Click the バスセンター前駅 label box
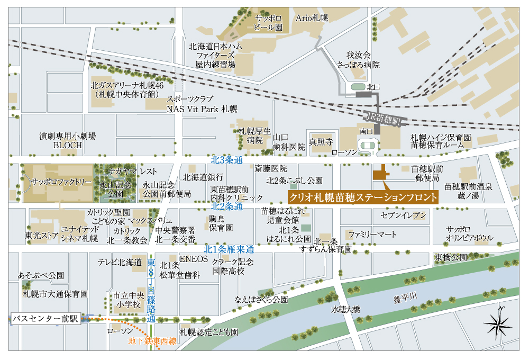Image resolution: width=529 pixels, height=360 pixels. (x=45, y=319)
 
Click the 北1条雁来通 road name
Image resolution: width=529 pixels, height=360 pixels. (x=229, y=249)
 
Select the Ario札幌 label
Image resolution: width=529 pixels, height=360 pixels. (x=312, y=17)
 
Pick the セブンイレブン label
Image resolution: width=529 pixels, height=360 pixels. (x=403, y=215)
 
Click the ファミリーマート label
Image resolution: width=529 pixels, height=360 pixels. (x=372, y=233)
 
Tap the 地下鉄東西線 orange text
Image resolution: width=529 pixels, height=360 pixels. (x=152, y=341)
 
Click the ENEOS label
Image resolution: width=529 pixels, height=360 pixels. (x=191, y=258)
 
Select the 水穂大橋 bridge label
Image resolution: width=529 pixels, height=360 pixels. (x=346, y=309)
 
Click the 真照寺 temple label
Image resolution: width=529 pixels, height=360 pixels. (x=321, y=142)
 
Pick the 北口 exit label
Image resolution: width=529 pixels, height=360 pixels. (x=373, y=86)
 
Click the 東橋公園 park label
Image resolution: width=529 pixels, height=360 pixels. (x=451, y=257)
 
